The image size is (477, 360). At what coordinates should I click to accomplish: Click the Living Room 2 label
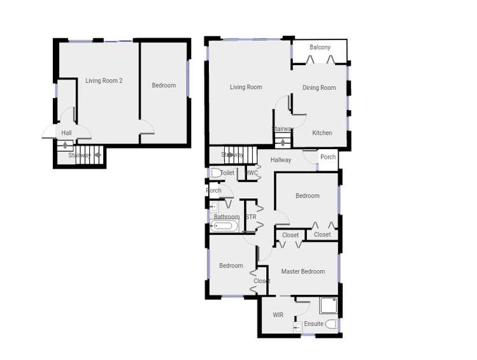coord(104,81)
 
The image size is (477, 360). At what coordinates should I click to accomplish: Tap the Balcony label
coord(320,48)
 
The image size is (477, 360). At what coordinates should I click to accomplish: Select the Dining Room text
coord(319,88)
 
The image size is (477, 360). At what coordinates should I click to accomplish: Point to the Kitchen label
coord(322,133)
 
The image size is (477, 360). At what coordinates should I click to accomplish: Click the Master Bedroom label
coord(303,271)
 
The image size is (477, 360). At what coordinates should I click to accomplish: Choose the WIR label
coord(278,315)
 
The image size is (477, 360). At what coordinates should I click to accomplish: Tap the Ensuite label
coord(313,324)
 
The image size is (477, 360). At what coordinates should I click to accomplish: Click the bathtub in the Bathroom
coord(224,226)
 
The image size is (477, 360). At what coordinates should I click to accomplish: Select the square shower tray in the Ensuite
coord(328,306)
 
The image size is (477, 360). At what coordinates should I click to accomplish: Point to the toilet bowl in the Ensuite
coord(331,324)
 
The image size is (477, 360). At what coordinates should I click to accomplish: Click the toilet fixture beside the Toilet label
coord(215,173)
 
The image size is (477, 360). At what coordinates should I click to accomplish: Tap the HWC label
coord(252,173)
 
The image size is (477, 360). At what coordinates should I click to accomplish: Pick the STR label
coord(251,217)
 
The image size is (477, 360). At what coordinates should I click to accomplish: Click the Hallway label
coord(281,160)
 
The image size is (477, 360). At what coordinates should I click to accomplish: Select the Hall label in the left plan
coord(67,133)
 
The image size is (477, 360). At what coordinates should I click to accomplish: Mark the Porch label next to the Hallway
coord(328,157)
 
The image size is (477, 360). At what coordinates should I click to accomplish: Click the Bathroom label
coord(227,217)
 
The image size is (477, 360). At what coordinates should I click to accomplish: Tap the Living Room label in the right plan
coord(246,87)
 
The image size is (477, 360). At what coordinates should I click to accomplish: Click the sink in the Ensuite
coord(297,328)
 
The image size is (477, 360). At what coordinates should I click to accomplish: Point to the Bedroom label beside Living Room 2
coord(164,85)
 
